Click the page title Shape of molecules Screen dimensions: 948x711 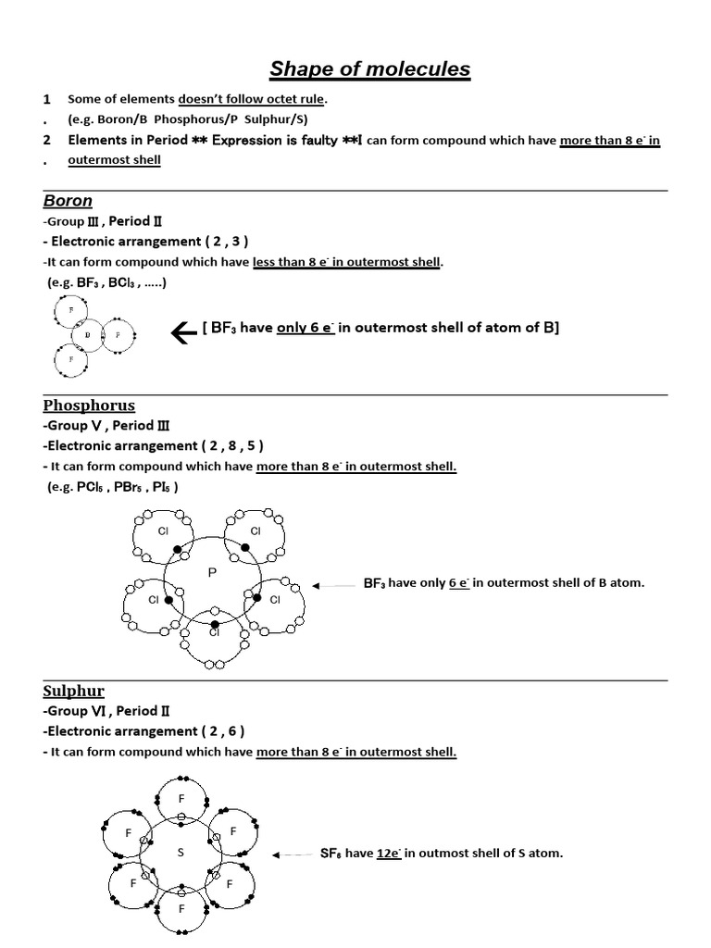[x=370, y=69]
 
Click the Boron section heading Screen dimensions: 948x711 [x=68, y=201]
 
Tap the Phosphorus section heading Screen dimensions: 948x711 [x=89, y=405]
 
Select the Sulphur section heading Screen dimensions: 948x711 [x=73, y=691]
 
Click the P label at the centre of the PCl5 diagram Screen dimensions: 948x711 [x=212, y=574]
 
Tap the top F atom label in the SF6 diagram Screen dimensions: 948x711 [x=181, y=797]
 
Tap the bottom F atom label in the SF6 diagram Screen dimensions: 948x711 [x=181, y=909]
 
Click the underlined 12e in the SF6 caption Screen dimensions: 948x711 [x=388, y=854]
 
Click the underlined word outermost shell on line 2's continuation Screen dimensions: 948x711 [x=115, y=160]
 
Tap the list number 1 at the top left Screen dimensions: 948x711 [x=46, y=99]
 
